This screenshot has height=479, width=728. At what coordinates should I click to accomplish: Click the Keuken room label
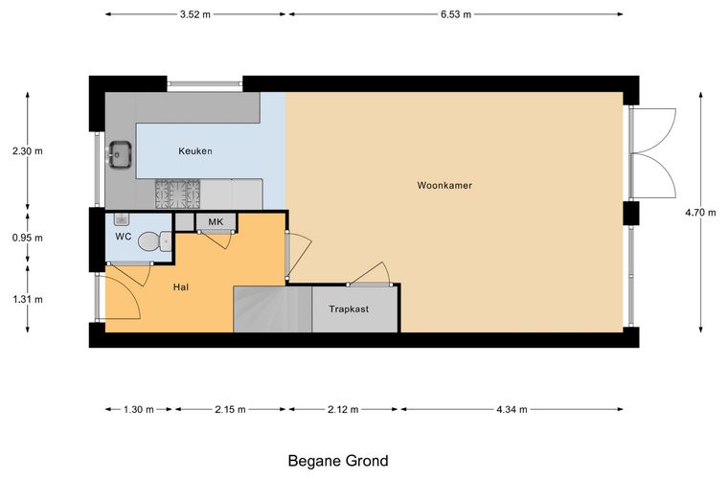(195, 150)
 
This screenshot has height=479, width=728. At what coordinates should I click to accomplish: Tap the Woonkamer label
(444, 185)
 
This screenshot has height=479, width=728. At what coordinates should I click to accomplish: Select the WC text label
(123, 237)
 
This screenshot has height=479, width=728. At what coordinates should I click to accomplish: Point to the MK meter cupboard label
(216, 222)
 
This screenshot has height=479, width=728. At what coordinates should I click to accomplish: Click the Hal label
(181, 287)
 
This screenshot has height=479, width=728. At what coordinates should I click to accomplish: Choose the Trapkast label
(349, 308)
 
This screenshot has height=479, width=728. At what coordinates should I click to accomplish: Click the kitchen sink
(121, 154)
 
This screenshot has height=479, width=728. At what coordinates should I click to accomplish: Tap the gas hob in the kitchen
(178, 194)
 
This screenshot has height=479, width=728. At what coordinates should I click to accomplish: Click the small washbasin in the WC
(121, 219)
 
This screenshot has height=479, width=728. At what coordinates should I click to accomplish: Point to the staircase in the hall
(272, 309)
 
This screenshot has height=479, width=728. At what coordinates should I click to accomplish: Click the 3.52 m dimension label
(195, 14)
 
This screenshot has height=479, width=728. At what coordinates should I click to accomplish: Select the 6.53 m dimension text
(456, 14)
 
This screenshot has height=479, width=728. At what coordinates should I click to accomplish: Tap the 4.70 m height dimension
(700, 212)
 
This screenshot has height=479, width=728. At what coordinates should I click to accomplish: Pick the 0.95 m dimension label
(28, 238)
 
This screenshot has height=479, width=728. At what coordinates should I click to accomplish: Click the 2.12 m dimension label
(343, 409)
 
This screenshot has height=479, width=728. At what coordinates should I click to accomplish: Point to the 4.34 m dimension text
(512, 409)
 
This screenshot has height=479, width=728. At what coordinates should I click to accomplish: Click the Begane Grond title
(338, 461)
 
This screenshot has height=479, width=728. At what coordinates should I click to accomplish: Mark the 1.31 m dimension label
(28, 299)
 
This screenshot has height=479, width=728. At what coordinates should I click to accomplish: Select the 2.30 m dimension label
(28, 150)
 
